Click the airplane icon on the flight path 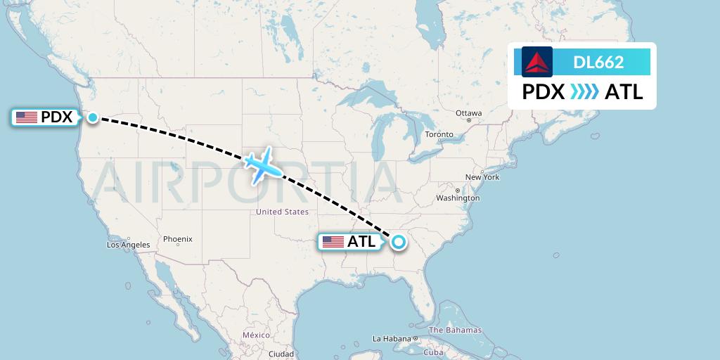point(263,166)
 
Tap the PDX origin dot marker point(93,117)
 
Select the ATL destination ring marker point(399,243)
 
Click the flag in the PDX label point(27,117)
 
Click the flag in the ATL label point(333,242)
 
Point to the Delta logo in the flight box point(537,62)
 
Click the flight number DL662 point(598,62)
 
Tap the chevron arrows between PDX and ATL point(585,92)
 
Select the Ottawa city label point(468,113)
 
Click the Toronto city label point(439,134)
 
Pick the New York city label point(482,177)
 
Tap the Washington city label point(458,198)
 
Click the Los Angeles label point(128,245)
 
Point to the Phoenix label point(178,239)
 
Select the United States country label point(282,212)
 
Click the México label point(256,335)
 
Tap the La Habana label point(392,339)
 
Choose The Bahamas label point(455,330)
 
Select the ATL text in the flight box point(624,92)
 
